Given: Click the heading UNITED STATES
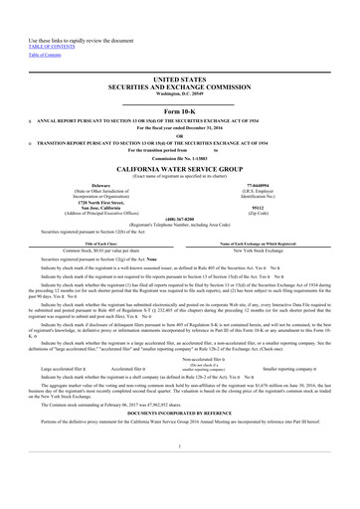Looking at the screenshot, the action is click(179, 76).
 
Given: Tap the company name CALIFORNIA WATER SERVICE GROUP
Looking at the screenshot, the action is click(179, 171).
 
